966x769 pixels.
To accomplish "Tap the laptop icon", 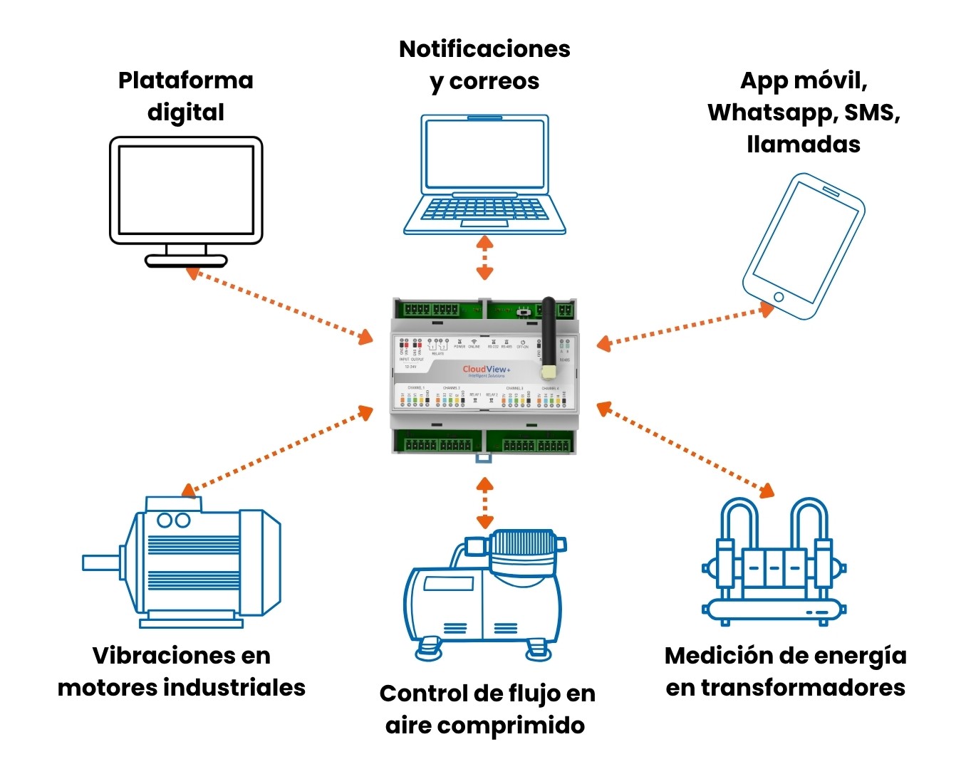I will point(484,174).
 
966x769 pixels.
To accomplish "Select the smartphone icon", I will point(804,246).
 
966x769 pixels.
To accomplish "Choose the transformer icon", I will point(774,563).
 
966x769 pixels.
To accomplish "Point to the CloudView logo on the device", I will point(486,370).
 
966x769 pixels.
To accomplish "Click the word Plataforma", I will point(185,80).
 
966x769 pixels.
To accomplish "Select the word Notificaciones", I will point(484,49).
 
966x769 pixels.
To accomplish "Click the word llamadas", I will point(804,145).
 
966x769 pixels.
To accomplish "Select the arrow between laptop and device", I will point(484,257).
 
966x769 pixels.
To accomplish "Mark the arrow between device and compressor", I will point(484,502).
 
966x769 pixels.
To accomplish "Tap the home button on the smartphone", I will point(778,297).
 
